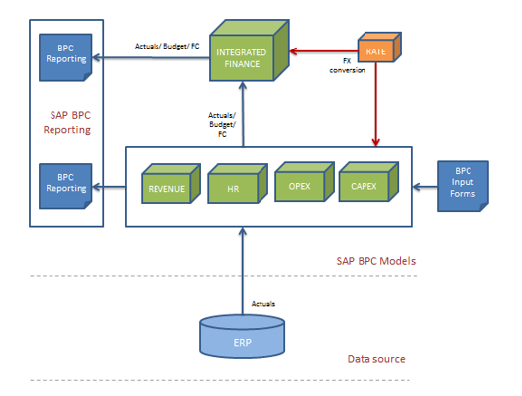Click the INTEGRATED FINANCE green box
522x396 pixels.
[243, 57]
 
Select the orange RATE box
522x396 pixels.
[375, 49]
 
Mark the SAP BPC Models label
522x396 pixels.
[374, 261]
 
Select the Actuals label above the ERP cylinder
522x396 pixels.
[263, 303]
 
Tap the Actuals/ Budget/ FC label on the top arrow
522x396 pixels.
[165, 46]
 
